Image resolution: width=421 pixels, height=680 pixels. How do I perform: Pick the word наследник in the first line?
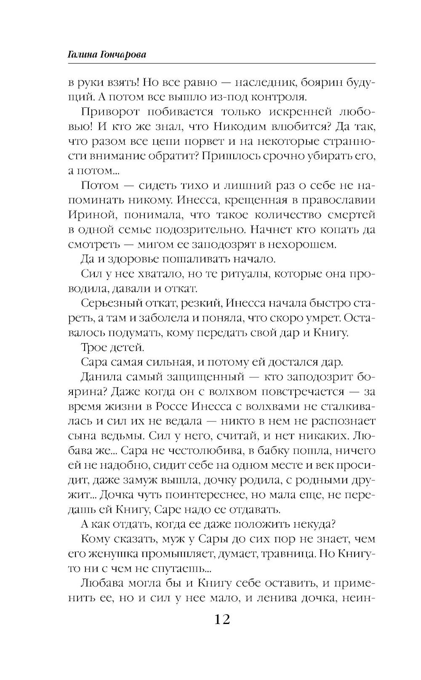(x=262, y=82)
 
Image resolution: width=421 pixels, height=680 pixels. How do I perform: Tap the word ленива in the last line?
(x=271, y=598)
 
